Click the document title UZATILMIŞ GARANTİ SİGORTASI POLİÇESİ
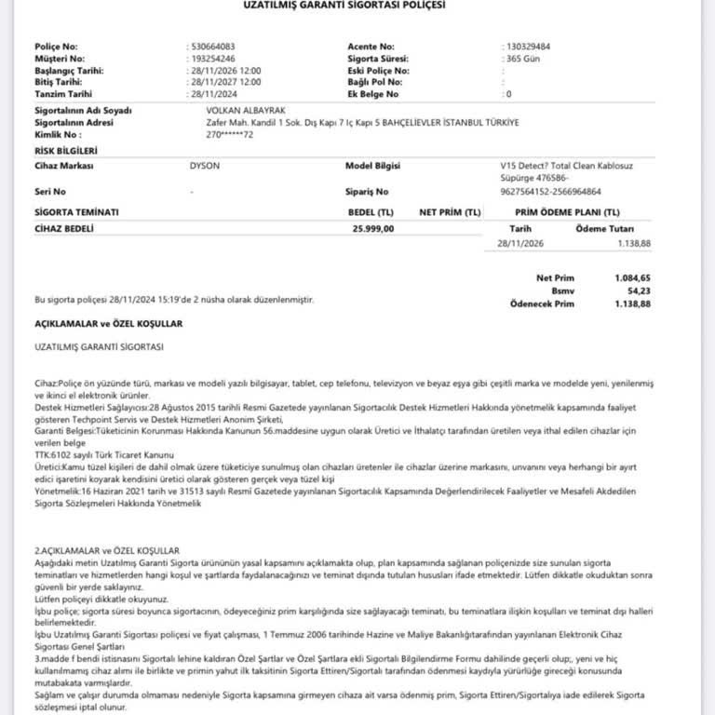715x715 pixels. pos(357,5)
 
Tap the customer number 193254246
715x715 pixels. pos(209,58)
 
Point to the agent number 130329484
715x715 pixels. pos(526,46)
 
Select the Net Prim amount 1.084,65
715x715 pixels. pos(632,277)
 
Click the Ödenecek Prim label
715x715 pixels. pos(542,304)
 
